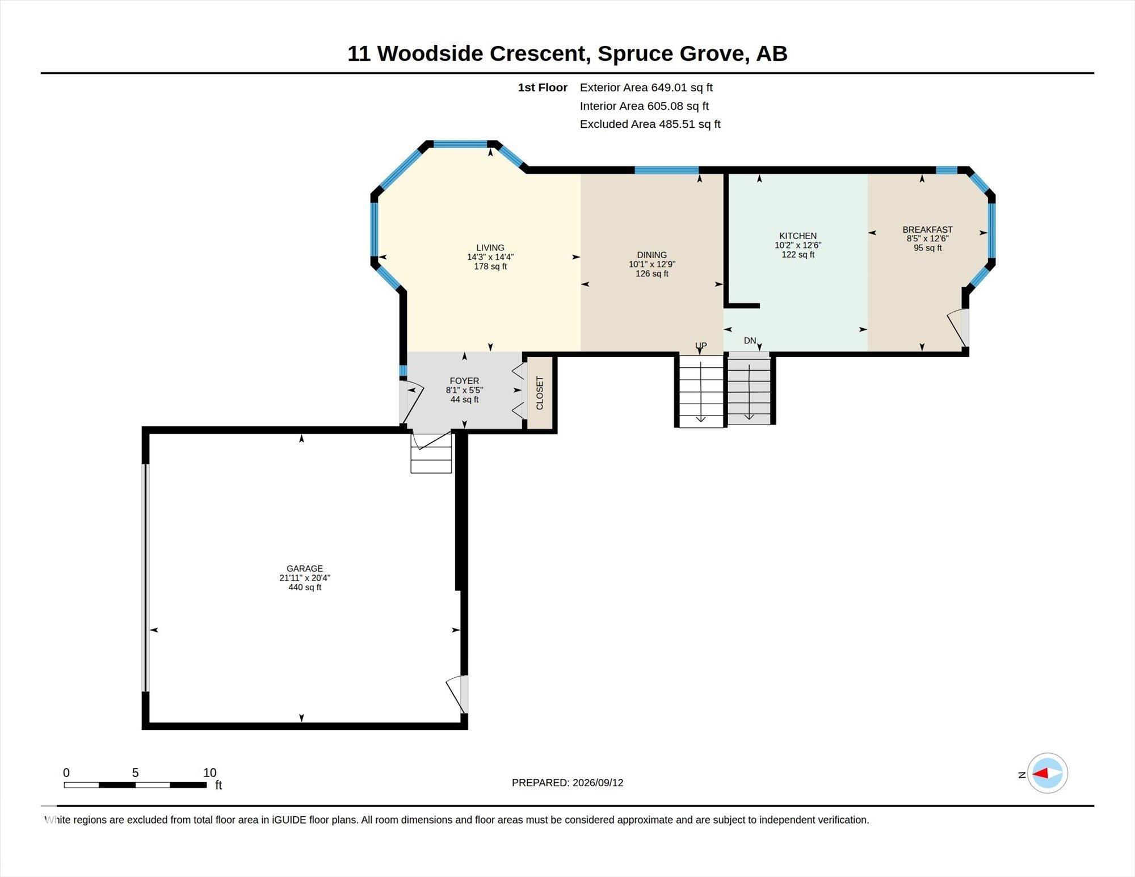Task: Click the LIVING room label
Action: coord(490,247)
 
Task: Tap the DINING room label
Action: coord(651,255)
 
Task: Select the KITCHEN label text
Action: coord(798,236)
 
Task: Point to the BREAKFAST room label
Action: coord(927,229)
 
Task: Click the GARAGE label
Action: coord(305,568)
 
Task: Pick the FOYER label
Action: coord(464,381)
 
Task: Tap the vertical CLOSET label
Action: coord(540,393)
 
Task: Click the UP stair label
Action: coord(701,346)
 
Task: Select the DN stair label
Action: coord(750,341)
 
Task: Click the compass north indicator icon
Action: coord(1047,773)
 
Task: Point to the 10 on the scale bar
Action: coord(210,773)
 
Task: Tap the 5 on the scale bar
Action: coord(135,773)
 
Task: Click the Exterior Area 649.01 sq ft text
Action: coord(646,87)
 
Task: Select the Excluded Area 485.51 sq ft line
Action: coord(650,124)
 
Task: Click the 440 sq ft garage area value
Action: coord(305,588)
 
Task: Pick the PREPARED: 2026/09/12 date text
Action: coord(567,783)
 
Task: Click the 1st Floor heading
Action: coord(543,87)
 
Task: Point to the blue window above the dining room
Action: coord(666,170)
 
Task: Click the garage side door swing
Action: coord(457,694)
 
